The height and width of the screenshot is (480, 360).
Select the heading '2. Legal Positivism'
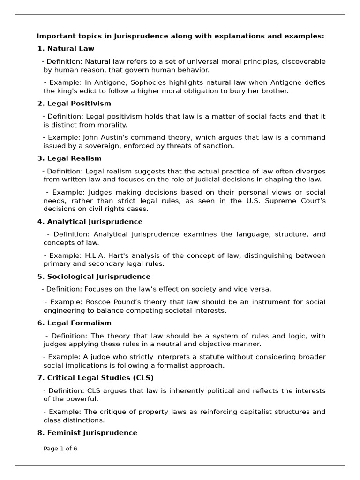coord(74,103)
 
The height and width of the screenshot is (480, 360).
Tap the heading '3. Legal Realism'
coord(69,158)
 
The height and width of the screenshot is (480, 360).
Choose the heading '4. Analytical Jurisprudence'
coord(90,221)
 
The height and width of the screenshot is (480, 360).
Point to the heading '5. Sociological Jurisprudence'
coord(94,276)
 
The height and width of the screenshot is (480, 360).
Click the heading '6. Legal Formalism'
coord(74,322)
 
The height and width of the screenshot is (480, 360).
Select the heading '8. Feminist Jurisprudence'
coord(87,432)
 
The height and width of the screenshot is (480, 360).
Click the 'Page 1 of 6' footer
coord(60,448)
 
